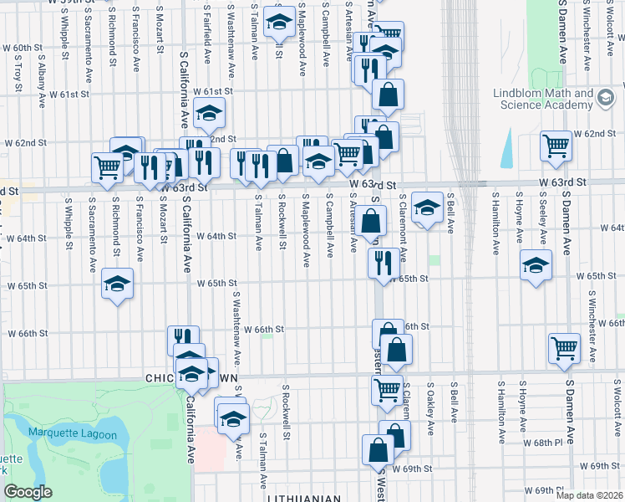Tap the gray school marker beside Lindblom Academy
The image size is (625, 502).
click(x=603, y=99)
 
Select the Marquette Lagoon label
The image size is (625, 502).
click(x=64, y=433)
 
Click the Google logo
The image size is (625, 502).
click(x=28, y=492)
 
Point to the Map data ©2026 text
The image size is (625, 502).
click(x=589, y=495)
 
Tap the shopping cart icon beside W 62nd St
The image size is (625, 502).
click(x=556, y=146)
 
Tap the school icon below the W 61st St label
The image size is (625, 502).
click(x=209, y=112)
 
